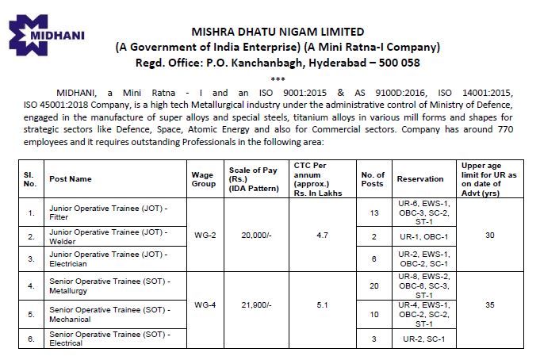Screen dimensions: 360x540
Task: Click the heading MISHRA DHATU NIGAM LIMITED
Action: coord(306,32)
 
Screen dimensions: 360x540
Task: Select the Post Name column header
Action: coord(71,179)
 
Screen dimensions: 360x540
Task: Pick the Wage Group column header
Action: coord(204,179)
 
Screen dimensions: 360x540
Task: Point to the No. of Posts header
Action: coord(373,179)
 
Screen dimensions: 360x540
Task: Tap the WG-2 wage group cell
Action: coord(204,235)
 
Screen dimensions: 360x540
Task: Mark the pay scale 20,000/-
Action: coord(251,235)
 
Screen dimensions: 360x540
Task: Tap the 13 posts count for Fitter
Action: coord(373,213)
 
